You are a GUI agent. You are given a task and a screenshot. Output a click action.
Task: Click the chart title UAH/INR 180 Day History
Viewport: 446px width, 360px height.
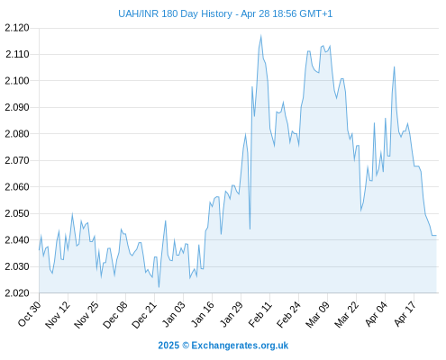175,13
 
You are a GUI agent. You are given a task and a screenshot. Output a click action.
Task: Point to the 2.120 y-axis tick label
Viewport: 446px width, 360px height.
17,28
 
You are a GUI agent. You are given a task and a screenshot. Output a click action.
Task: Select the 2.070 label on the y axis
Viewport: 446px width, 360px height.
17,160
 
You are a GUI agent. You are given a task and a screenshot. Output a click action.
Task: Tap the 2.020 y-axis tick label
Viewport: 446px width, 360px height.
17,293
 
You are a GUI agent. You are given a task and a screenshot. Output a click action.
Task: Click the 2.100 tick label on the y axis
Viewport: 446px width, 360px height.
17,81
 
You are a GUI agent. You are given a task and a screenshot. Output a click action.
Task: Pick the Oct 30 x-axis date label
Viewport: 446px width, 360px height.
30,313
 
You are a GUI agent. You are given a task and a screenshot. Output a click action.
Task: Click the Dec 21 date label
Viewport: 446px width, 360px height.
144,315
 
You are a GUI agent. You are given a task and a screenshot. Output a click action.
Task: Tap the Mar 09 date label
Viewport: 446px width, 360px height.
317,315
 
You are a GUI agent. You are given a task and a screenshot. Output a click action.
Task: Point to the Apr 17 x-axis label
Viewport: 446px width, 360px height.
405,314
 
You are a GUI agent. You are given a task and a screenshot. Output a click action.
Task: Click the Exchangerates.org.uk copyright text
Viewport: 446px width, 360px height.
223,346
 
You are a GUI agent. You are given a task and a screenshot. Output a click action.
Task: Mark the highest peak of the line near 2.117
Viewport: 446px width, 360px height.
260,36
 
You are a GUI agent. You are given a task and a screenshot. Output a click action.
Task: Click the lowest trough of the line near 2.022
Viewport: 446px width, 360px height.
159,287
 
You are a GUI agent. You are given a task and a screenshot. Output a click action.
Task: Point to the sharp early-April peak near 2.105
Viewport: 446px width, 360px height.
395,67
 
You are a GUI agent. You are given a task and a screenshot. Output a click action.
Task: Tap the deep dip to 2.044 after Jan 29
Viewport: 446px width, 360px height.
250,229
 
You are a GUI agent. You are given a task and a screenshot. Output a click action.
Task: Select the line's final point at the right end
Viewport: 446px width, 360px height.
436,236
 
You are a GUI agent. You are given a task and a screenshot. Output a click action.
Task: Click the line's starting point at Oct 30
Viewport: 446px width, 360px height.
39,250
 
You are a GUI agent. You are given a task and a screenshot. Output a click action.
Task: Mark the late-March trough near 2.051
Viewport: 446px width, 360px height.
361,211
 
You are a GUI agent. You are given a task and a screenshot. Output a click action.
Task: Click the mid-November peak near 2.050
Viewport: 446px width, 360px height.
72,214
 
